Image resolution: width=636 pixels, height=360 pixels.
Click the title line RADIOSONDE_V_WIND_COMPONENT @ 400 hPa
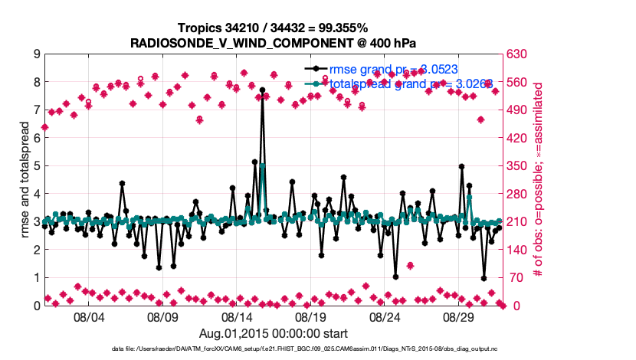(274, 42)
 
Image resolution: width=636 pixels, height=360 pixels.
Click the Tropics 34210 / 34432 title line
(274, 28)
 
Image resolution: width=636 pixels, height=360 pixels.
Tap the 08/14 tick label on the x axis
(237, 316)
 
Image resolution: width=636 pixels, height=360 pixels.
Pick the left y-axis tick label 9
(36, 54)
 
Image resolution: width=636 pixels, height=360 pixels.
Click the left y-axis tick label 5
(36, 165)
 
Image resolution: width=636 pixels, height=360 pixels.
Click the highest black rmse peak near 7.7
(262, 90)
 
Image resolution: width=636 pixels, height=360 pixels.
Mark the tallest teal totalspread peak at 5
(262, 165)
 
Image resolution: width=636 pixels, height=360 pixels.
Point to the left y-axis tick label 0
(36, 306)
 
